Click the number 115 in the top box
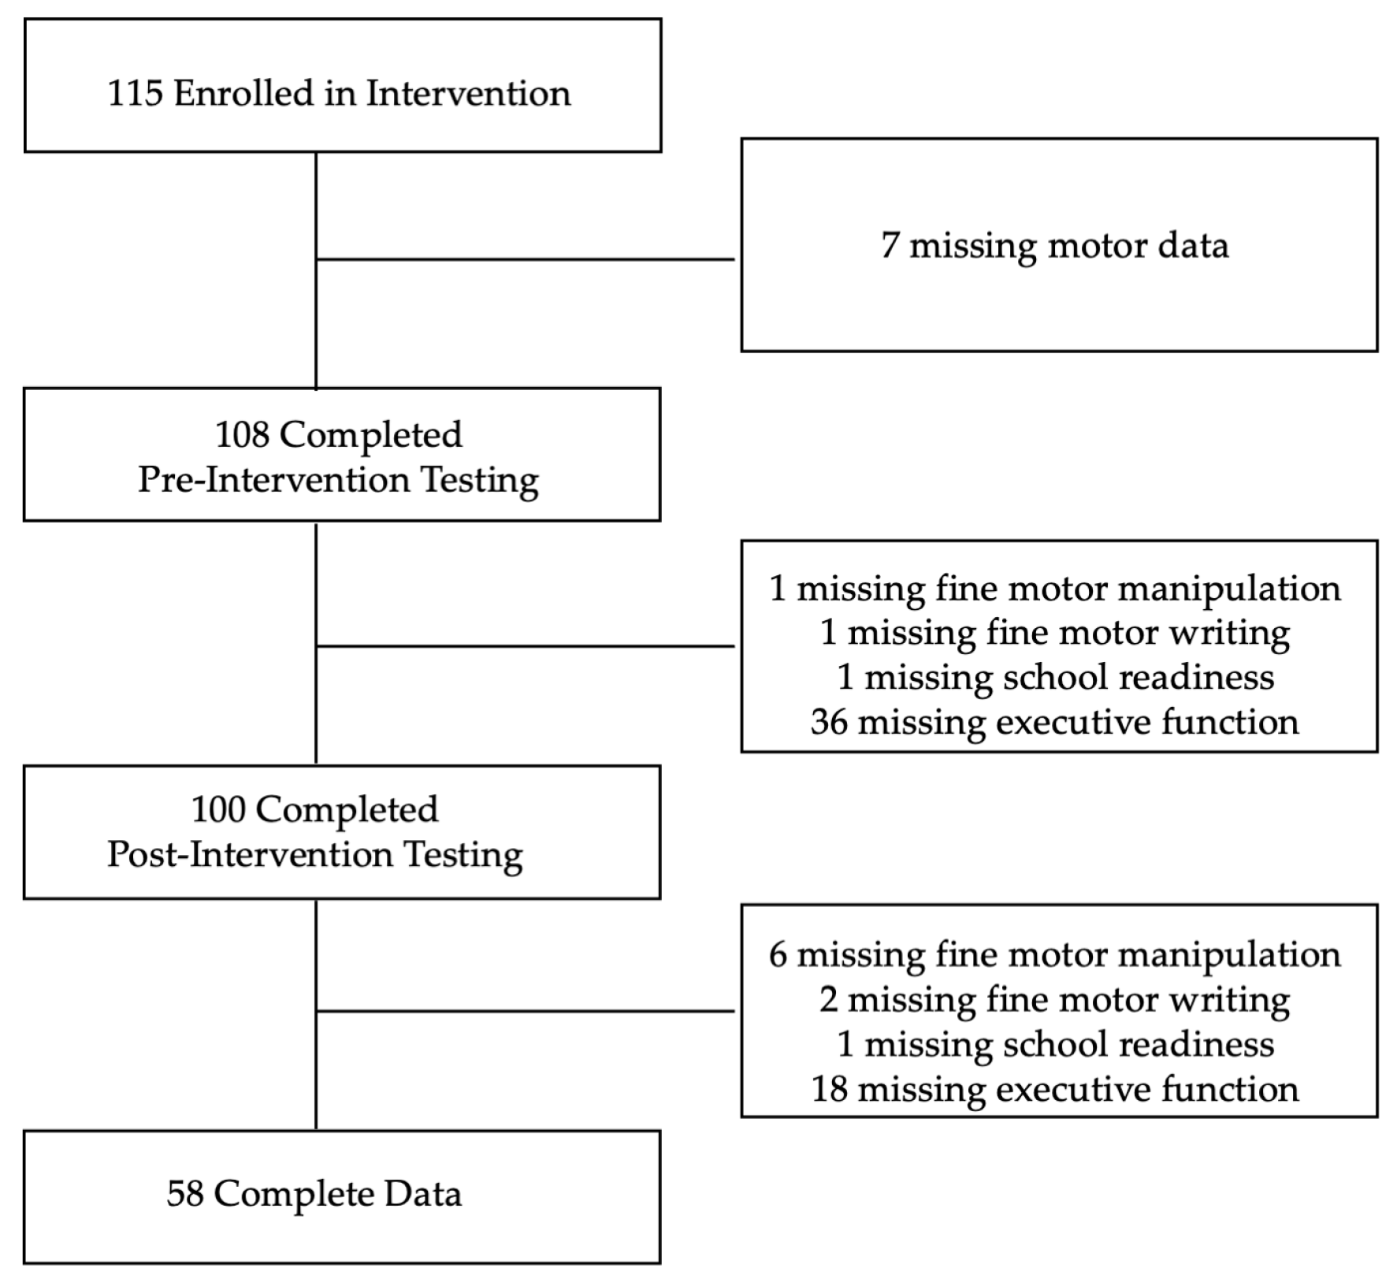(x=135, y=93)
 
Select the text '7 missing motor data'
(x=1054, y=245)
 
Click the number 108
(x=242, y=434)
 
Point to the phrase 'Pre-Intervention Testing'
(x=339, y=480)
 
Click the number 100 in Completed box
(x=218, y=809)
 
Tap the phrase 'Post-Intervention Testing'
(x=315, y=855)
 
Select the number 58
(x=185, y=1194)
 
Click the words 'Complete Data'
(x=338, y=1194)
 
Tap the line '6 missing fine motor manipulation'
(x=1054, y=955)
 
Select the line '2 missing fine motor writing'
(x=1054, y=1000)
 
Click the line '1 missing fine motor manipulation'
(x=1054, y=589)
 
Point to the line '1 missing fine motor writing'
(x=1054, y=633)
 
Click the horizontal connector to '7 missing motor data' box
(x=525, y=259)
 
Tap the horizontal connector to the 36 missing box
(x=525, y=646)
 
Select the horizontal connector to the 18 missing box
(x=525, y=1011)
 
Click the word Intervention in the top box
(x=468, y=93)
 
